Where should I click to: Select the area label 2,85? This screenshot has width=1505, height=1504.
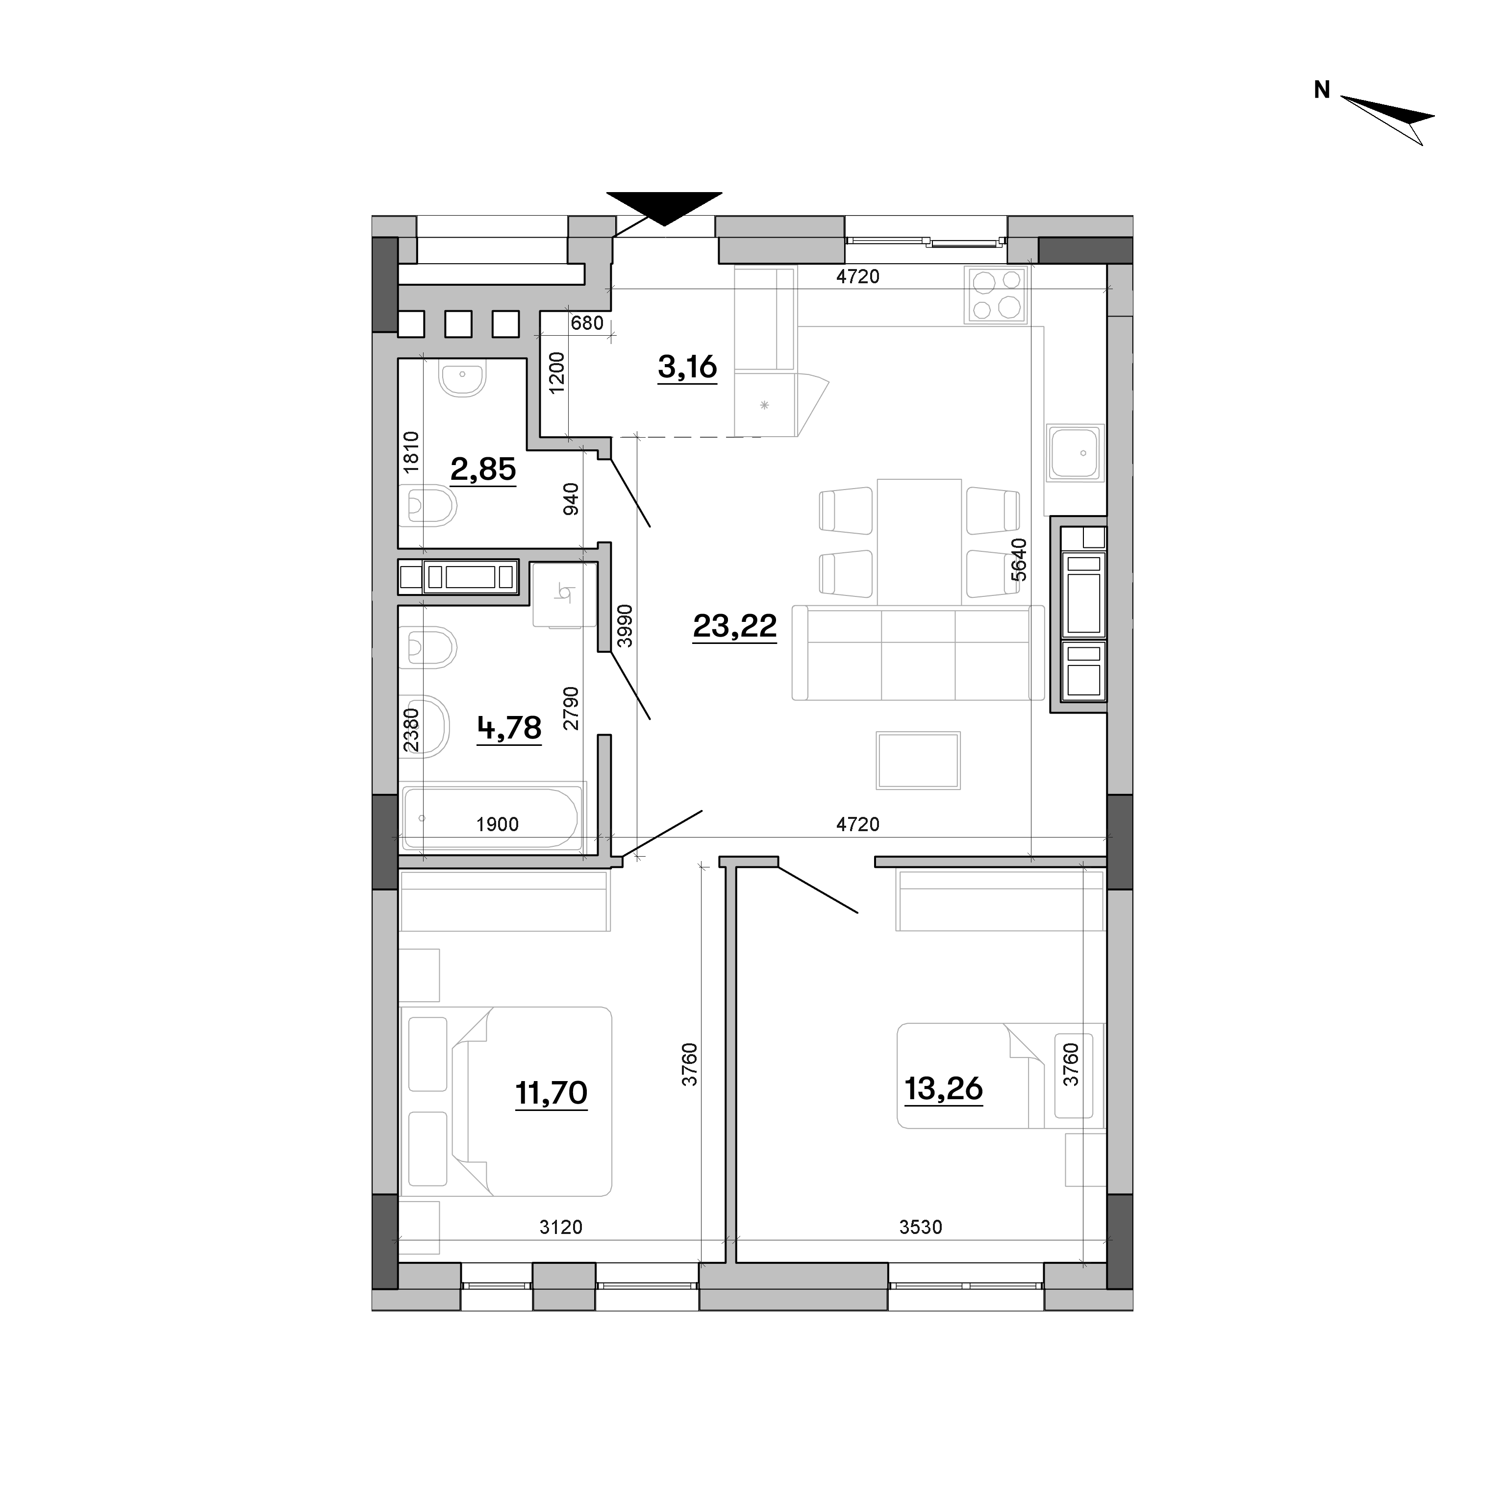coord(483,469)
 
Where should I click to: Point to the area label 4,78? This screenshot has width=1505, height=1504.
coord(509,727)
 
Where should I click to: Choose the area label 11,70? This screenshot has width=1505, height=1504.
coord(552,1093)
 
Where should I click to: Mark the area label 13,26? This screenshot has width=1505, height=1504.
coord(943,1088)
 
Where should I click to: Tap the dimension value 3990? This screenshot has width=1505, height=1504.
coord(624,626)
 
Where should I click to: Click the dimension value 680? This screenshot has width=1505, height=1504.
coord(587,322)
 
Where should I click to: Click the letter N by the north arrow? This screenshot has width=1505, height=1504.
coord(1322,90)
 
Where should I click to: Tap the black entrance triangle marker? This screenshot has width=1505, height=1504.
coord(664,207)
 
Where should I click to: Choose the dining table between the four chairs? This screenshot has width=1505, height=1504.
coord(919,542)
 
